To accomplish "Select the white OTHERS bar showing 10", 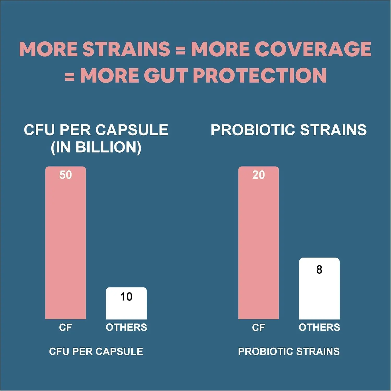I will (126, 308).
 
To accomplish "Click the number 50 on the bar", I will (65, 175).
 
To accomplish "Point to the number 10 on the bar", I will (126, 297).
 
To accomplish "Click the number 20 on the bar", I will (258, 175).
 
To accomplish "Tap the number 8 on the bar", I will (319, 269).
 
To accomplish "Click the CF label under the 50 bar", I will (65, 327).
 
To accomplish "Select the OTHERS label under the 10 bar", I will (126, 327).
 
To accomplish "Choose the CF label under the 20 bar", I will (258, 327).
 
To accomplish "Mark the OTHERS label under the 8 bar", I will (319, 327).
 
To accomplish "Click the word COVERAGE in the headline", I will (313, 49).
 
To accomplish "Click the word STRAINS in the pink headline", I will (126, 49).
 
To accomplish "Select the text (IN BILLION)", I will (96, 147).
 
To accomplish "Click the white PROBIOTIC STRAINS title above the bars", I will (289, 130).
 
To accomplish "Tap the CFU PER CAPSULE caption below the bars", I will (96, 351).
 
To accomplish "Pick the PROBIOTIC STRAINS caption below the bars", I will (289, 351).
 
